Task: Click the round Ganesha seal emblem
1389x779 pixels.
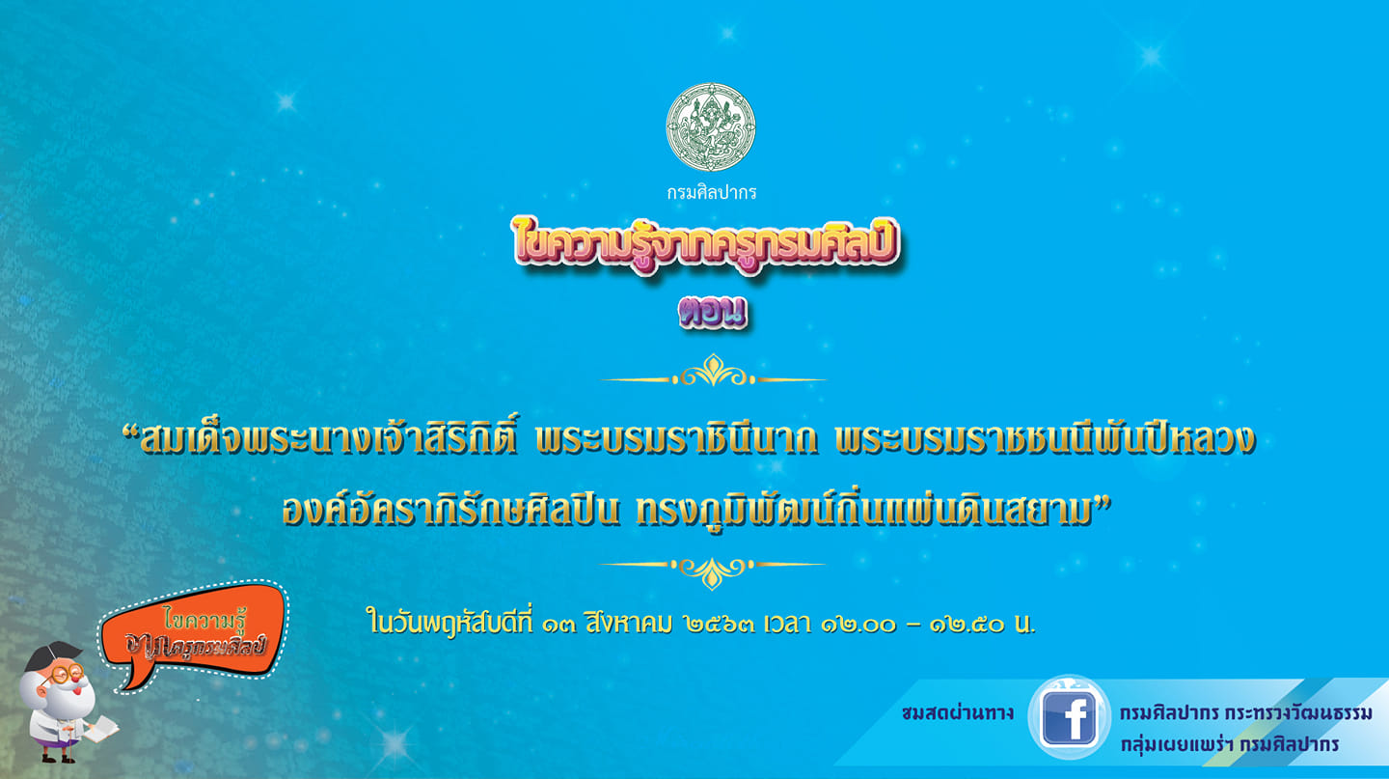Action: click(x=710, y=127)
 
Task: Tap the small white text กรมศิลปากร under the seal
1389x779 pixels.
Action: click(x=711, y=192)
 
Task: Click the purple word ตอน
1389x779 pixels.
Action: click(x=712, y=313)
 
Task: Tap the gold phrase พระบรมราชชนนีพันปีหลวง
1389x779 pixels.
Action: click(x=1047, y=440)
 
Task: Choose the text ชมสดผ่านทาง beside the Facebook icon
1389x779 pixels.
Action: click(x=957, y=714)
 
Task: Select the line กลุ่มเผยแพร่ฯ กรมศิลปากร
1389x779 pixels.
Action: click(x=1229, y=745)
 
